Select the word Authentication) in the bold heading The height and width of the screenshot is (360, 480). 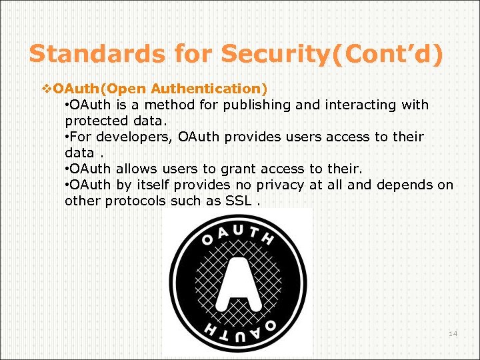point(209,88)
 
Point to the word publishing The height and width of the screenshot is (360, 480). point(259,105)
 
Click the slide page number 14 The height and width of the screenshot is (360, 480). point(453,333)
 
